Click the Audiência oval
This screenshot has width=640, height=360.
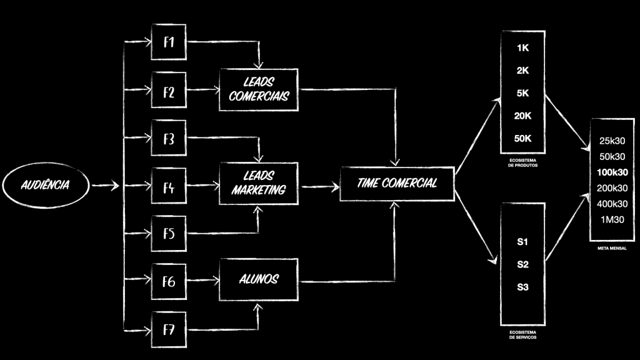45,185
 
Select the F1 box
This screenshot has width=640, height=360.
169,42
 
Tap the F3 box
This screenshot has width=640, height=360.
169,139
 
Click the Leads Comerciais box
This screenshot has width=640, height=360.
259,90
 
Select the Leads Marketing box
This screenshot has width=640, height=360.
259,183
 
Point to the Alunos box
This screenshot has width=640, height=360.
259,279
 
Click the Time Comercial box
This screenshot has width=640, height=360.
397,183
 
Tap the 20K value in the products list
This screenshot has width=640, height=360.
523,116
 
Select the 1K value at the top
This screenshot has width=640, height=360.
523,48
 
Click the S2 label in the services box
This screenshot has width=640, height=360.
523,264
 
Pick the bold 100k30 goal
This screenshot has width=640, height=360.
612,172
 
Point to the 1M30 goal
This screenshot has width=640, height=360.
612,219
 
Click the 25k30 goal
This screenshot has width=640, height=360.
612,141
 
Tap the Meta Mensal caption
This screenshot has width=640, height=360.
612,247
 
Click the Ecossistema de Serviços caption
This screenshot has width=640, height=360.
523,334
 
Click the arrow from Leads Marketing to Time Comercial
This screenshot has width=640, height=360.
319,186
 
